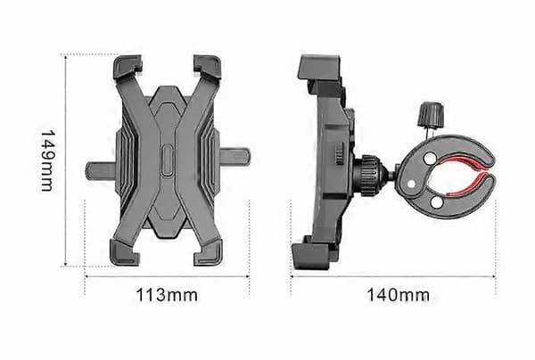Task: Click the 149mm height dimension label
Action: pos(47,160)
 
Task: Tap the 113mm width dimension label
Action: pos(167,295)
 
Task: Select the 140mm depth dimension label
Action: pos(398,295)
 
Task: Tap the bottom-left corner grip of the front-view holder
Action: pos(125,252)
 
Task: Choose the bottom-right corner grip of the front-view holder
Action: pos(208,252)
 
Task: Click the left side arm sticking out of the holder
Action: pos(102,171)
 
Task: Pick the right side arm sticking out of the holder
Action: pos(235,157)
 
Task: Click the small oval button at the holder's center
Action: pos(167,160)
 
